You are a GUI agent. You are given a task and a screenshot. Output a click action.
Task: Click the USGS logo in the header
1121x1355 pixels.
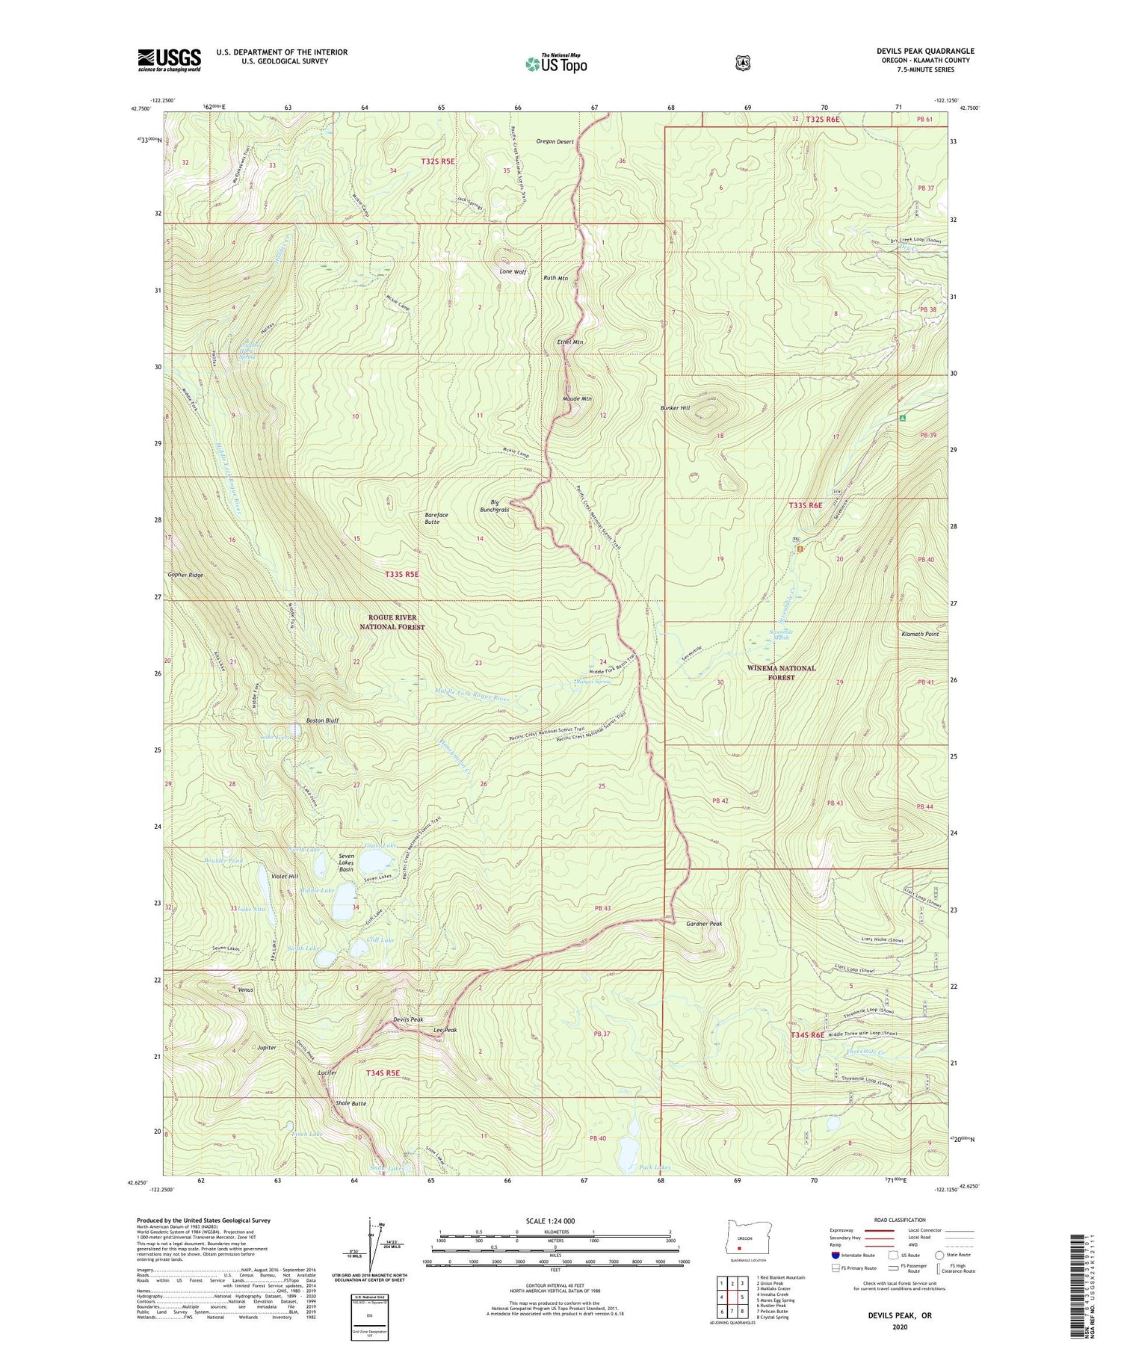tap(169, 60)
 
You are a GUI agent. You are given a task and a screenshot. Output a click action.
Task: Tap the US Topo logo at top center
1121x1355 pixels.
tap(556, 64)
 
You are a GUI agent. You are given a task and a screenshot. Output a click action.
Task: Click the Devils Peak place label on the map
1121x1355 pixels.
tap(408, 1019)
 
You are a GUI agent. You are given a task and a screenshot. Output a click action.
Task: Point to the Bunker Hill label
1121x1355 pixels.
tap(675, 408)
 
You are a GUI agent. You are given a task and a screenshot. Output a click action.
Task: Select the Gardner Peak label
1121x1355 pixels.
tap(704, 924)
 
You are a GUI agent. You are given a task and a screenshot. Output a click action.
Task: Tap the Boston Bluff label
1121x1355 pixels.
tap(322, 720)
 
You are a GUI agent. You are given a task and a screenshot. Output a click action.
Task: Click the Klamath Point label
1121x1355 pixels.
tap(920, 634)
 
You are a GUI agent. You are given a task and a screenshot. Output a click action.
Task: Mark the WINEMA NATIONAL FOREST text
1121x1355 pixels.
tap(781, 673)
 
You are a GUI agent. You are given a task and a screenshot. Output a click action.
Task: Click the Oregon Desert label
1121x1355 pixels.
tap(555, 142)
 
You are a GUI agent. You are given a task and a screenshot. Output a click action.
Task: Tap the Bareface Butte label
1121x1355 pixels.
tap(436, 518)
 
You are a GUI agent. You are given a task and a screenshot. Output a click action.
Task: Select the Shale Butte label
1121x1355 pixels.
tap(350, 1103)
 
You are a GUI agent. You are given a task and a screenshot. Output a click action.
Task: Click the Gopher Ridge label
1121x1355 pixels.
tap(185, 575)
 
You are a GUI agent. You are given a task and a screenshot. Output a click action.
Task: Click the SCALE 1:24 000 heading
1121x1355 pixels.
tap(550, 1220)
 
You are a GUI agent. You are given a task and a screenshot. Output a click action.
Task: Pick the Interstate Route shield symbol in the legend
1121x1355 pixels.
tap(835, 1255)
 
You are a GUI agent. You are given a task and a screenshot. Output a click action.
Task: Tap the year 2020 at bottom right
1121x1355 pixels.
tap(899, 1327)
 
